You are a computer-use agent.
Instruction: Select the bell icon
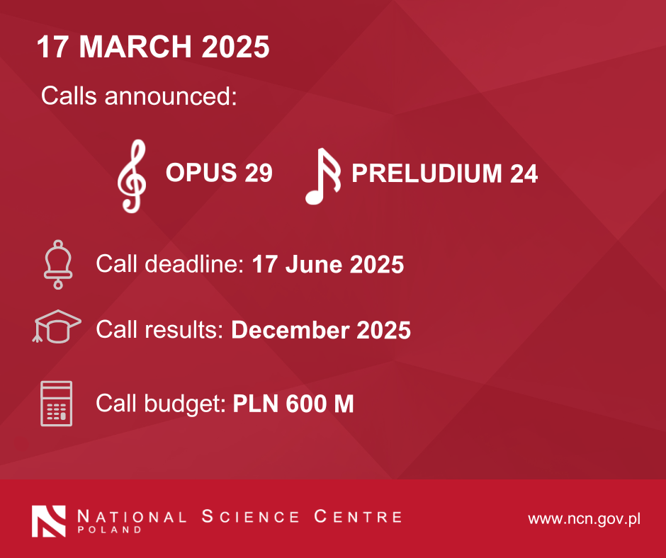pyautogui.click(x=58, y=265)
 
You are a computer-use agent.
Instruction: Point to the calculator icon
pyautogui.click(x=57, y=404)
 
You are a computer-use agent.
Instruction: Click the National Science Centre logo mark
pyautogui.click(x=49, y=521)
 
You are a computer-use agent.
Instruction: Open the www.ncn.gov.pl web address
pyautogui.click(x=584, y=519)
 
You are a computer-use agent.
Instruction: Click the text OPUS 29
pyautogui.click(x=219, y=172)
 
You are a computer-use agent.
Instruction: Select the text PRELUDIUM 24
pyautogui.click(x=445, y=173)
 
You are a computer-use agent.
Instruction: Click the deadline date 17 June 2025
pyautogui.click(x=328, y=264)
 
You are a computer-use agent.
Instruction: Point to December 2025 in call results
pyautogui.click(x=321, y=330)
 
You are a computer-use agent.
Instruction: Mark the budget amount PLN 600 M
pyautogui.click(x=293, y=404)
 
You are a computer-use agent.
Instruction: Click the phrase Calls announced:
pyautogui.click(x=139, y=96)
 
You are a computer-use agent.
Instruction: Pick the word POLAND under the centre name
pyautogui.click(x=109, y=530)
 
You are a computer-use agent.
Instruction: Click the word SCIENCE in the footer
pyautogui.click(x=251, y=516)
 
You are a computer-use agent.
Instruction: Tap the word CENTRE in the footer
pyautogui.click(x=358, y=516)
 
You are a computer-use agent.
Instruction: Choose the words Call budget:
pyautogui.click(x=161, y=404)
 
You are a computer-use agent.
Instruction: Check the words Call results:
pyautogui.click(x=159, y=329)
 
